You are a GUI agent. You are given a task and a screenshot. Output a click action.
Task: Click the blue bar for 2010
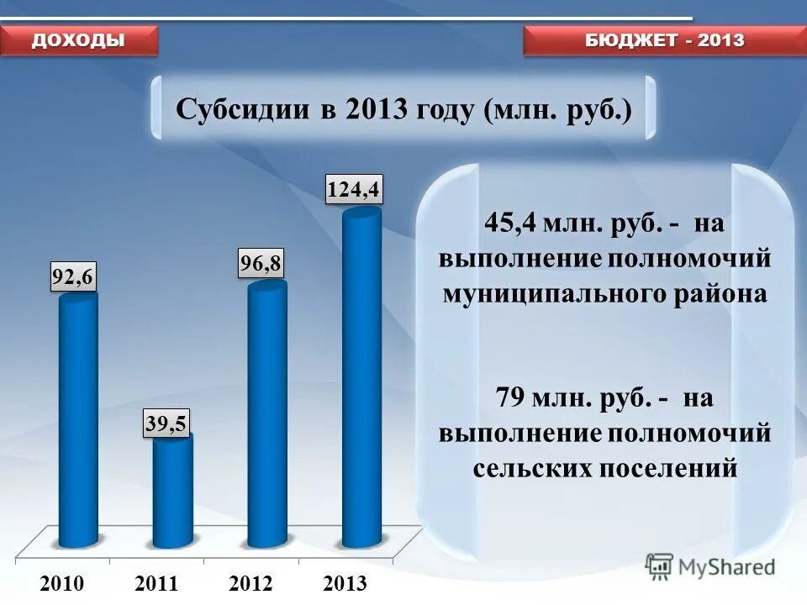[77, 420]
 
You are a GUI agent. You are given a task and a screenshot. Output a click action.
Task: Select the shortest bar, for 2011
[172, 492]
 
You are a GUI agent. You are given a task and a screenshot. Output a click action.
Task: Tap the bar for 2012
[267, 416]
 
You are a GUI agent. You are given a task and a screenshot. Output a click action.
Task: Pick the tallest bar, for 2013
[361, 378]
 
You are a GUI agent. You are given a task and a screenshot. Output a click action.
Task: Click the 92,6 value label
[73, 276]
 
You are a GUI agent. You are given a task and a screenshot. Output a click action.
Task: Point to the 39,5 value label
[166, 423]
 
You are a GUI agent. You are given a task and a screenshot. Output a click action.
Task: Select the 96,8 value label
[261, 265]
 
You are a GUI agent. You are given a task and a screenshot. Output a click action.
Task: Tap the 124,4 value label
[354, 190]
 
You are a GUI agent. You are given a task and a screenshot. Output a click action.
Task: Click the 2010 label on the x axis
[62, 583]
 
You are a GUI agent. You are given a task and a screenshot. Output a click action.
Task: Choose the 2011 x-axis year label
[156, 583]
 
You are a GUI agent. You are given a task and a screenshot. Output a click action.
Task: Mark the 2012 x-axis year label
[251, 583]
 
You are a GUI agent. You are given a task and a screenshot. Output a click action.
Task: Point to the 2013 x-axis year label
[345, 583]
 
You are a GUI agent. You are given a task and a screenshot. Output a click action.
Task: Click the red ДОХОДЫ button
[79, 40]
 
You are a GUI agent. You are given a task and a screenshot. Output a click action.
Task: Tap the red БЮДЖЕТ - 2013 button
[664, 40]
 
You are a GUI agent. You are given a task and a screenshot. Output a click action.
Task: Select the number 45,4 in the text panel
[510, 224]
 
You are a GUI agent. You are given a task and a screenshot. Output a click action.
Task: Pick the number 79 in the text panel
[510, 397]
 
